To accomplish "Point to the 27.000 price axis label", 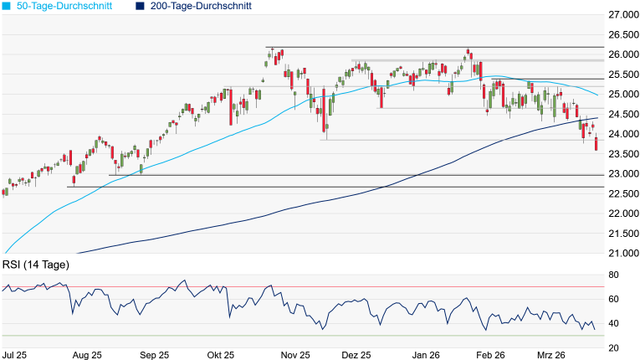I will tap(619, 15).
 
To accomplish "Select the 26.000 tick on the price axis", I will tap(619, 54).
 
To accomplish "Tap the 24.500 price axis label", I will tap(619, 114).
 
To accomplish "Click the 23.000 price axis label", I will tap(619, 173).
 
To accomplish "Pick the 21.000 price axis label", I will tap(619, 253).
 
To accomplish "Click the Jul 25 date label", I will tap(13, 355).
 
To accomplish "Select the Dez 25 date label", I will tap(356, 355).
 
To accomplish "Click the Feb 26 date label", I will tap(490, 355).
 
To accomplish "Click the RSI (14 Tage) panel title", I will tap(35, 265).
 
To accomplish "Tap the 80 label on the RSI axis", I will tap(613, 275).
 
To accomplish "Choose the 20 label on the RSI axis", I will tap(613, 347).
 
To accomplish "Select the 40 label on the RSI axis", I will tap(613, 323).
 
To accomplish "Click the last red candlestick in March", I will tap(596, 145).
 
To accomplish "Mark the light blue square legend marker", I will tap(7, 6).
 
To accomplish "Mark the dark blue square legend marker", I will tap(139, 6).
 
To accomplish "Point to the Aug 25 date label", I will tap(88, 355).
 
